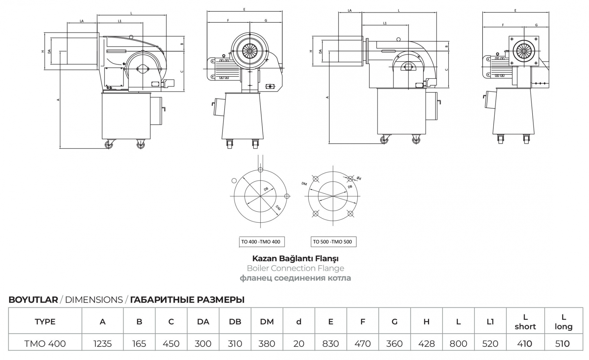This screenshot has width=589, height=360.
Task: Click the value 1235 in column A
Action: click(102, 344)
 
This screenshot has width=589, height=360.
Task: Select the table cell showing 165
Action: click(139, 344)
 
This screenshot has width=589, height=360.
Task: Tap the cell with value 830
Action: click(330, 344)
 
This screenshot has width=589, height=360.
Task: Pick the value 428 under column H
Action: click(426, 344)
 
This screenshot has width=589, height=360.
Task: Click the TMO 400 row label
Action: click(45, 344)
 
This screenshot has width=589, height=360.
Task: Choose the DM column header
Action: click(267, 322)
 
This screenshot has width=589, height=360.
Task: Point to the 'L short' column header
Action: click(525, 322)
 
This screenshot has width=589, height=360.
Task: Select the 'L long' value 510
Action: click(562, 344)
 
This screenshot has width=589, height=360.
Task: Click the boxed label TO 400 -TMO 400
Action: click(262, 242)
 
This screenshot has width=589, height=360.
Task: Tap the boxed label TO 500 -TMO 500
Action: click(333, 242)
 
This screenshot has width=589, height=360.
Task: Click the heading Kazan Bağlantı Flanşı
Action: click(295, 259)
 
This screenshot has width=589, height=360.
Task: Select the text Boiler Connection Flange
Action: click(295, 268)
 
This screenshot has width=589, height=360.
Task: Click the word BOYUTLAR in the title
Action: click(33, 300)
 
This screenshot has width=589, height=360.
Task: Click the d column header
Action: click(299, 322)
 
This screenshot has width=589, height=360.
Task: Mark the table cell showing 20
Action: click(299, 344)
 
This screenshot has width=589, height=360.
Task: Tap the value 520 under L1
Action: click(490, 344)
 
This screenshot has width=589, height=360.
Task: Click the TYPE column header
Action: click(45, 322)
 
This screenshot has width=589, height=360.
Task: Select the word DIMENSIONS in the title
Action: click(94, 300)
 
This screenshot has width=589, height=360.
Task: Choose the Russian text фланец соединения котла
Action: click(295, 278)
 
